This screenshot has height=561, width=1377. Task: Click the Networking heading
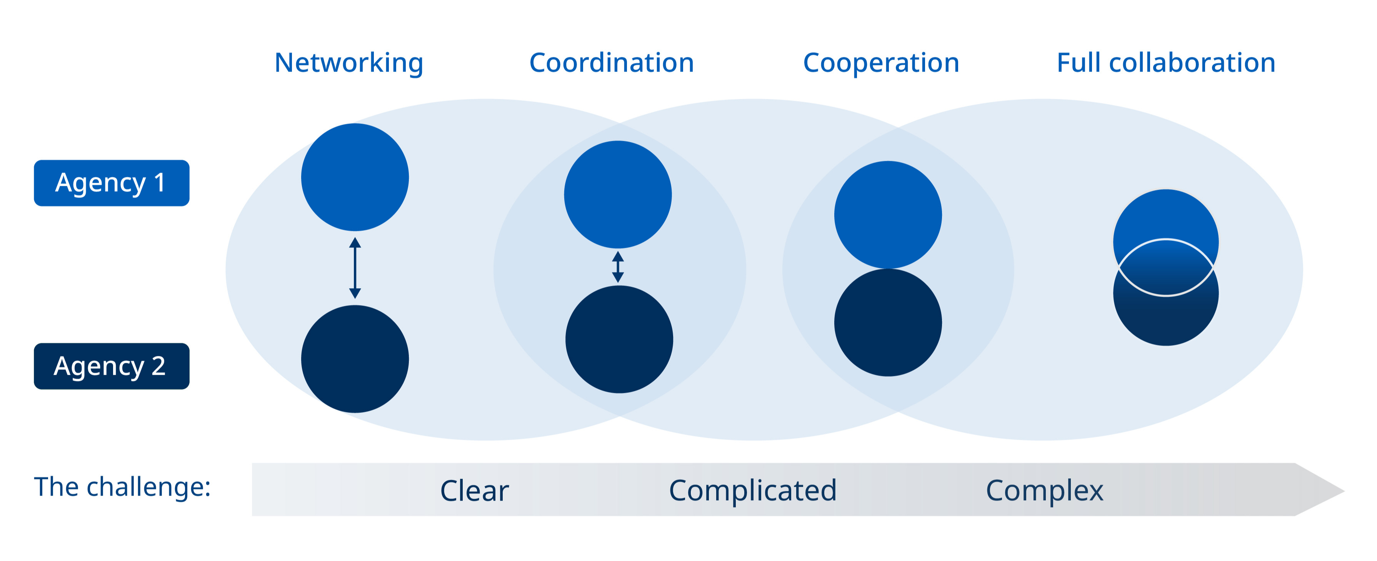click(x=348, y=63)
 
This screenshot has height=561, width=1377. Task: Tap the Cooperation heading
click(x=881, y=63)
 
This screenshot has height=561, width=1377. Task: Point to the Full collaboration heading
click(x=1166, y=63)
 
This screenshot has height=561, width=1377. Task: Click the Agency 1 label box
click(x=111, y=183)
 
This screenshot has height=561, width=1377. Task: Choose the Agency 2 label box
click(x=111, y=366)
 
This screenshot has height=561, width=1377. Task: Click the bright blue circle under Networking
click(x=355, y=177)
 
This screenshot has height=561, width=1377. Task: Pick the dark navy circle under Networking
click(x=355, y=359)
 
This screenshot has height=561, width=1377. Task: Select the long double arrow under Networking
click(x=355, y=268)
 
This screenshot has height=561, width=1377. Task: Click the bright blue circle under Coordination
click(x=618, y=194)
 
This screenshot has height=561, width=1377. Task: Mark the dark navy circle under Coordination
click(x=619, y=339)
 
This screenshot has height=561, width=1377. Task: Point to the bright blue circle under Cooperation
click(x=888, y=214)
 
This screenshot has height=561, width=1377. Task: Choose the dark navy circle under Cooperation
click(x=888, y=322)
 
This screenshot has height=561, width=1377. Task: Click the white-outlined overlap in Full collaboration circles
click(x=1166, y=267)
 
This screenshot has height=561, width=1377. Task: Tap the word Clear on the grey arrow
click(x=474, y=491)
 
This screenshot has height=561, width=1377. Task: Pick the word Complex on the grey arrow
click(x=1044, y=491)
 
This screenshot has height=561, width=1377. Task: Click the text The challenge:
click(x=122, y=487)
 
